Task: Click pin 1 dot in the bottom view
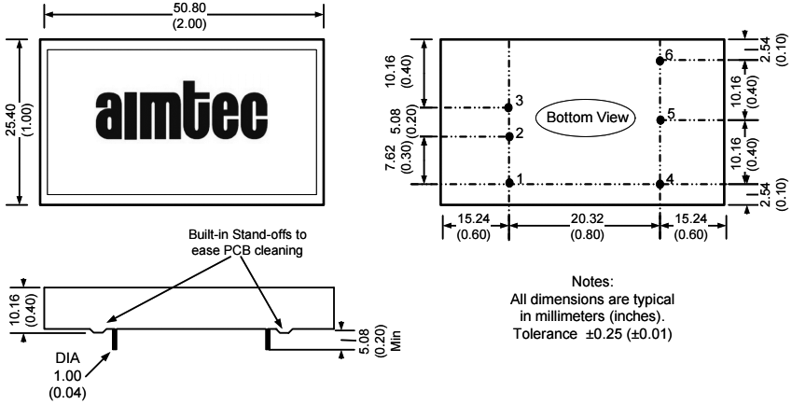coord(509,183)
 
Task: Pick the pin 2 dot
coord(509,136)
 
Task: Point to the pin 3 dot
coord(509,107)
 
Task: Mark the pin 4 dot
coord(660,183)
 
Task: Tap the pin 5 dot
coord(660,119)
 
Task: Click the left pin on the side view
coord(115,338)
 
